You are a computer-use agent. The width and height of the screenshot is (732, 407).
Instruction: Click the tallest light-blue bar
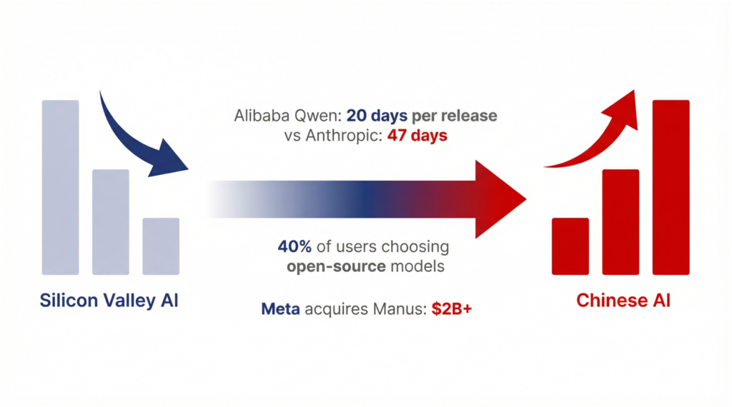(x=60, y=187)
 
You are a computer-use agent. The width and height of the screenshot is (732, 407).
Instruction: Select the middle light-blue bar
(x=111, y=222)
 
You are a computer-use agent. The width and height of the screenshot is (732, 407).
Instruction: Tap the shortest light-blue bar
(x=161, y=246)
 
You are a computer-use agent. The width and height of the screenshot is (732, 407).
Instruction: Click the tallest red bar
(x=671, y=187)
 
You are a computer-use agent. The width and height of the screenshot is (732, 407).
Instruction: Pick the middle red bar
(x=620, y=222)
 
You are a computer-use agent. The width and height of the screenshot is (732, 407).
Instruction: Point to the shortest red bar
(x=570, y=246)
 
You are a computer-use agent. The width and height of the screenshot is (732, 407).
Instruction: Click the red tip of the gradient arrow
(x=525, y=199)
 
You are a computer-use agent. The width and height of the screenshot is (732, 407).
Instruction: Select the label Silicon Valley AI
(x=109, y=300)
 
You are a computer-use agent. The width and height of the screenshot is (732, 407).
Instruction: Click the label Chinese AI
(x=623, y=300)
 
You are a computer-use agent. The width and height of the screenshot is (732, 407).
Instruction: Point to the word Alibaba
(x=262, y=116)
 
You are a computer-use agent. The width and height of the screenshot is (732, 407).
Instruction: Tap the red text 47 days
(x=417, y=136)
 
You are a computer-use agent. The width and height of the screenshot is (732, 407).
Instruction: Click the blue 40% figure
(x=295, y=246)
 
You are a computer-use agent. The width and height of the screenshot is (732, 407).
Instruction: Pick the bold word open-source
(x=336, y=267)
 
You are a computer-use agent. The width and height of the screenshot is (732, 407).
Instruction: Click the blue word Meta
(x=280, y=308)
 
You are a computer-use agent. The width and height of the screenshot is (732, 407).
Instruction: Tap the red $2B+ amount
(x=452, y=308)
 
